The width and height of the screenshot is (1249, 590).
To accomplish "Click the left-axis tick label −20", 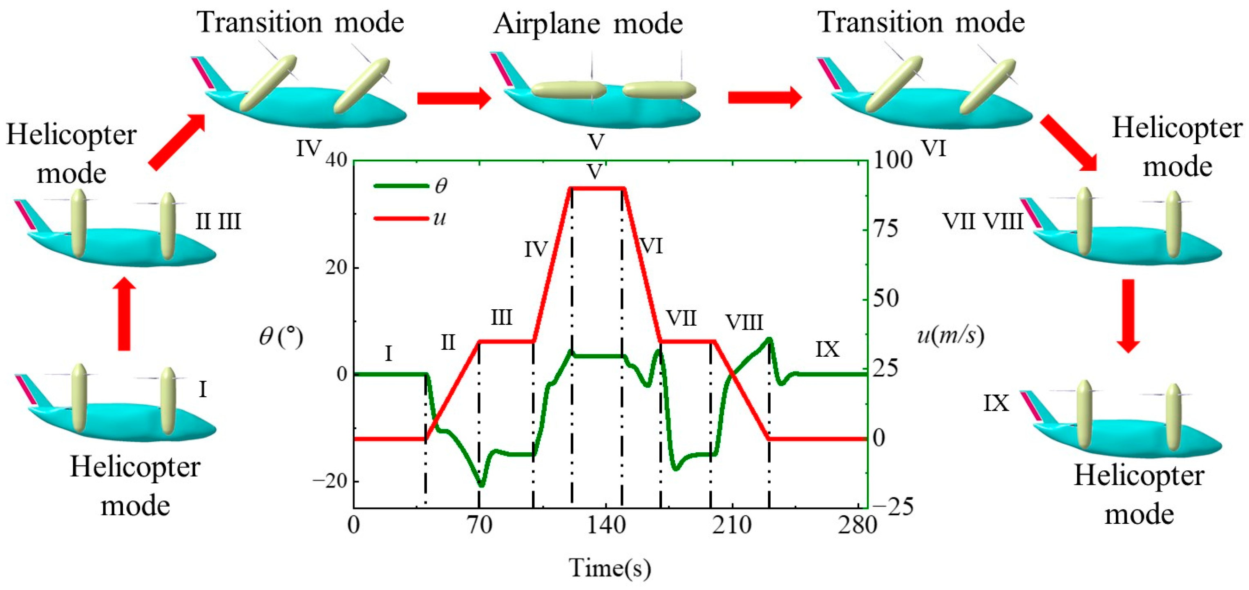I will pos(330,481).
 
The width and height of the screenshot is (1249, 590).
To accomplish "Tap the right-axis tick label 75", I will pos(885,228).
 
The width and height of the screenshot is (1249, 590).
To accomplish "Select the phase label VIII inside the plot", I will pos(744,322).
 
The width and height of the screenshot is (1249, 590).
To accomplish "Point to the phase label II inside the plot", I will pos(448,343).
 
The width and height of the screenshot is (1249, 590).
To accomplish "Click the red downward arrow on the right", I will pos(1128,315).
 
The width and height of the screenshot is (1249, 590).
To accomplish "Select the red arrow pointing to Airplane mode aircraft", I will pos(454,98).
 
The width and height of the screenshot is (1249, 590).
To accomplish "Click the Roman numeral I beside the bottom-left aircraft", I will pos(203,389).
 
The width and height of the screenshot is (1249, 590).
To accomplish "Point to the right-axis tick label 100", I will pos(893,160).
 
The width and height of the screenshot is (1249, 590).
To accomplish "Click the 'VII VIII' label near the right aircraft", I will pos(982,221).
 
